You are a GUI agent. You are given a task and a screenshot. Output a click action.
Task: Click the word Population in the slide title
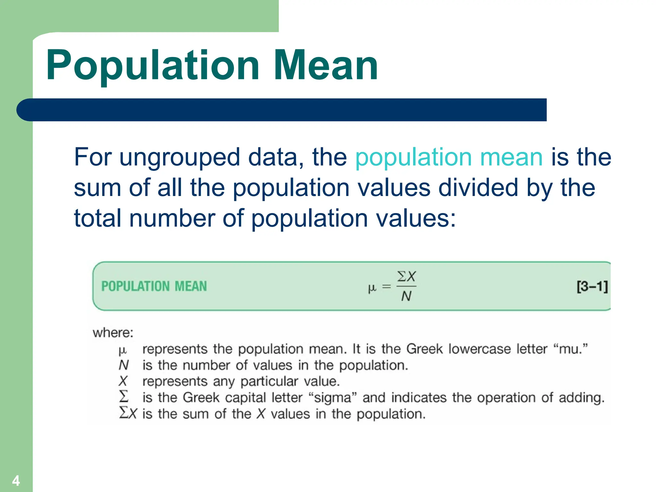[152, 66]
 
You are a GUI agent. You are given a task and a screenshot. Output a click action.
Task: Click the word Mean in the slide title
[326, 66]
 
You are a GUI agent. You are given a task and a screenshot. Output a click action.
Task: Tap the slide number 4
[16, 481]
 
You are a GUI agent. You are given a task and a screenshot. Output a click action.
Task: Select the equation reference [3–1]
[592, 286]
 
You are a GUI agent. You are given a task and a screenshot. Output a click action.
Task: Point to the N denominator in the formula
[406, 296]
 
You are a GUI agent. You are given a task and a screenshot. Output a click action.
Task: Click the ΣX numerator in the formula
[406, 276]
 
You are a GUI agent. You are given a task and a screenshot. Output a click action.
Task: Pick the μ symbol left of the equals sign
[372, 287]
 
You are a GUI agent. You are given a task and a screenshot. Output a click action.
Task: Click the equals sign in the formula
[387, 286]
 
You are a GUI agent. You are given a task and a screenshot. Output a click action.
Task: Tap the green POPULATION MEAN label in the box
[154, 286]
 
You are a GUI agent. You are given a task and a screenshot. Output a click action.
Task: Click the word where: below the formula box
[113, 333]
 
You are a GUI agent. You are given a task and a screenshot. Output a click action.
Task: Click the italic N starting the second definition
[123, 365]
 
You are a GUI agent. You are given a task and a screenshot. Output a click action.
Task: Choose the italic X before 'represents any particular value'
[123, 381]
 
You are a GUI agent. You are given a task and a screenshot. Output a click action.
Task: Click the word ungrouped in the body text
[179, 158]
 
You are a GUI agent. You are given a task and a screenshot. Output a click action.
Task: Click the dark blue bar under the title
[282, 110]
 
